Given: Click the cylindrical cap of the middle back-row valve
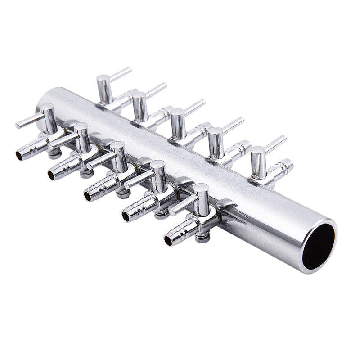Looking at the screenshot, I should [x=177, y=123].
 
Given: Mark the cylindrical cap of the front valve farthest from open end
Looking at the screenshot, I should [x=48, y=118].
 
